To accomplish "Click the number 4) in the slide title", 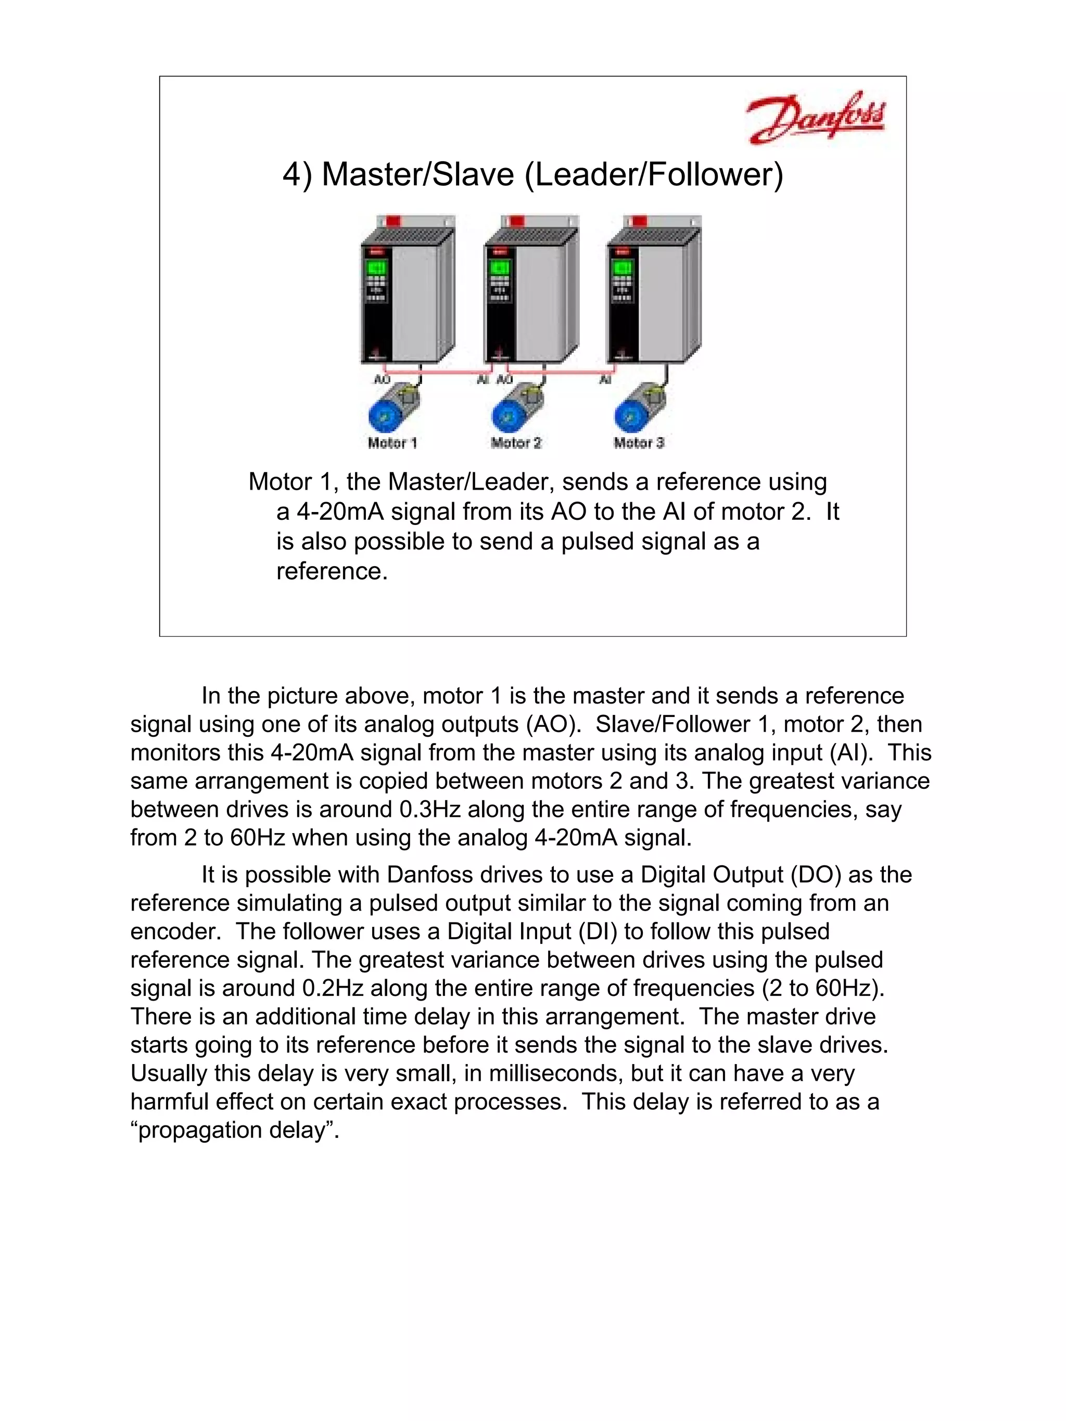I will point(297,175).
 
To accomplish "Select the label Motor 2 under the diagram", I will point(516,443).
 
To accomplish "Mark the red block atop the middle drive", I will point(517,220).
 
